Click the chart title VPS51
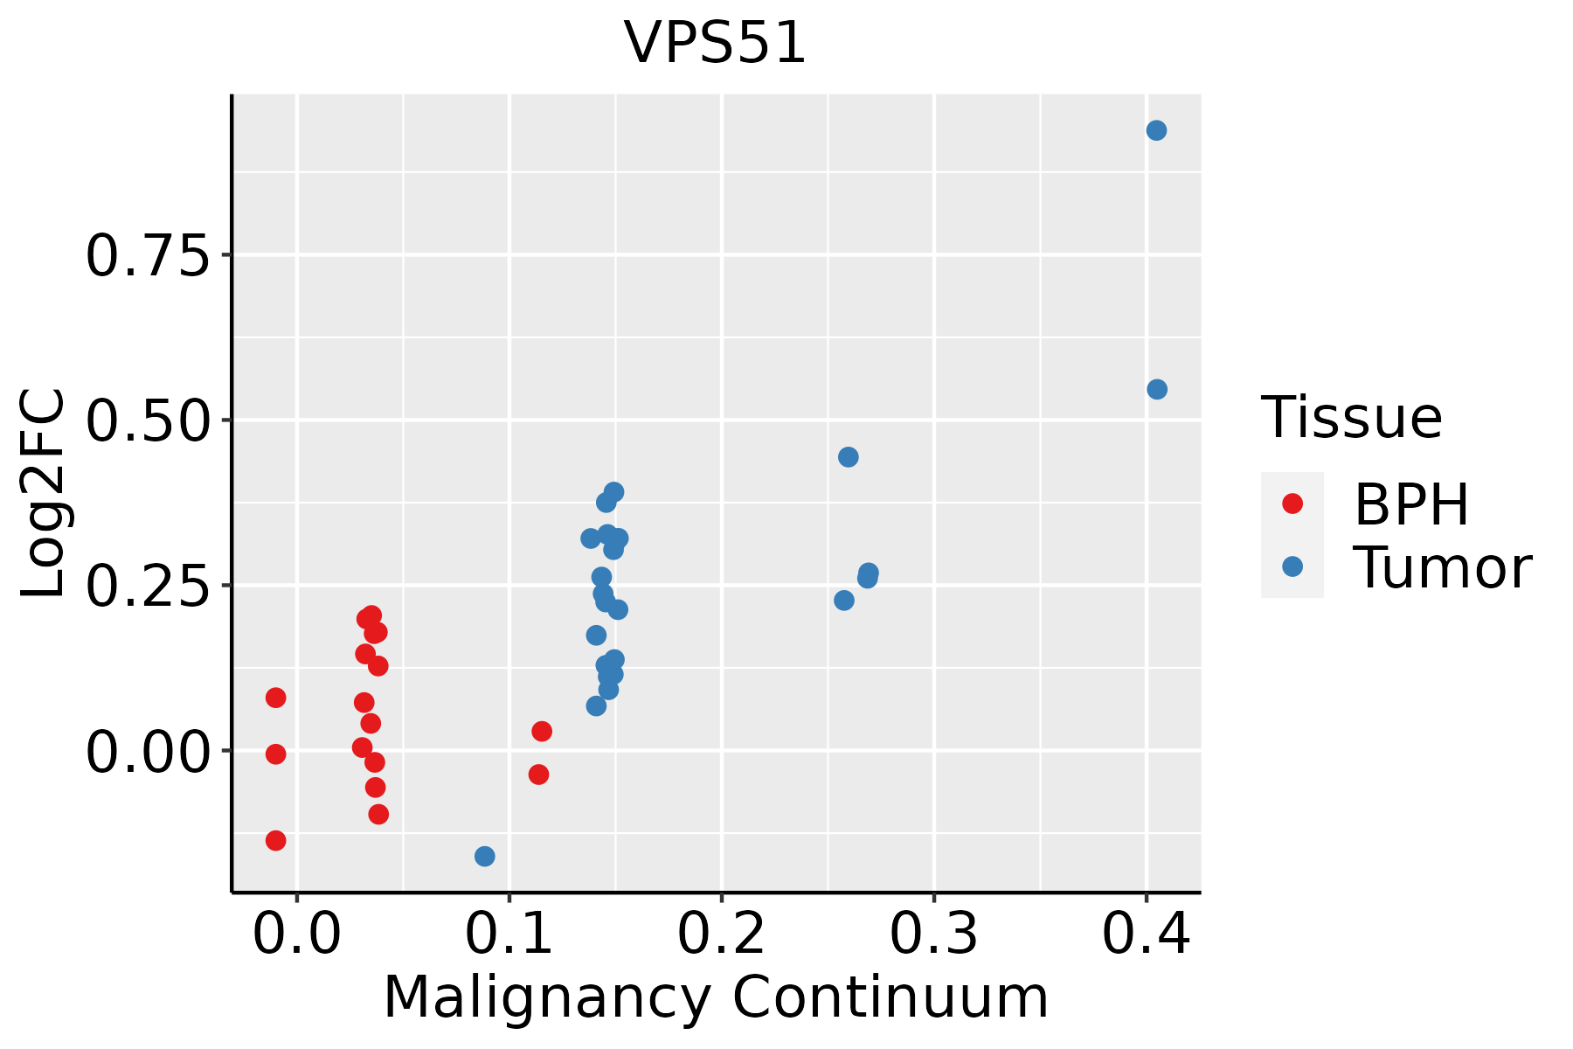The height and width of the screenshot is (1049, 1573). coord(715,43)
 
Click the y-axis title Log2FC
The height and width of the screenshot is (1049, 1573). coord(44,494)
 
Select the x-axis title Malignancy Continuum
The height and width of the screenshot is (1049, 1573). coord(715,997)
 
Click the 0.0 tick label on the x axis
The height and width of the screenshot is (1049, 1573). coord(296,934)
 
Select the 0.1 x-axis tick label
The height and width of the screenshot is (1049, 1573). coord(509,934)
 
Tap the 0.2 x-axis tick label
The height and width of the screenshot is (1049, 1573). coord(721,934)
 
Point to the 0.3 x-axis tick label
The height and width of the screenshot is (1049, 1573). coord(933,934)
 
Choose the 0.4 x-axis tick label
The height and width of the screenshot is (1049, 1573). coord(1146,934)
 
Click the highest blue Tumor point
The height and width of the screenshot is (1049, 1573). coord(1156,130)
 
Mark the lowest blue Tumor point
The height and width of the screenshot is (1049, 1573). coord(485,856)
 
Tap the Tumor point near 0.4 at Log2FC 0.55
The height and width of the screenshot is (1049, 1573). coord(1157,389)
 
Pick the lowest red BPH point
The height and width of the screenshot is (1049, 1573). coord(276,840)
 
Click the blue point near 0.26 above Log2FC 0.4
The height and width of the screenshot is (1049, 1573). coord(848,457)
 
